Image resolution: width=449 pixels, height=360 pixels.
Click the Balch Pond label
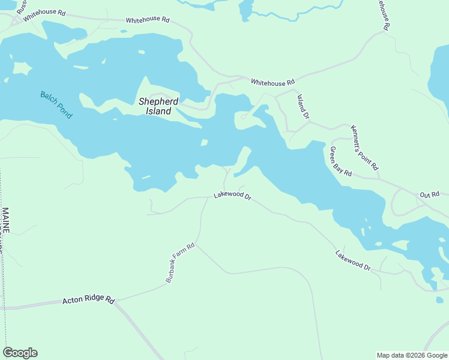click(56, 104)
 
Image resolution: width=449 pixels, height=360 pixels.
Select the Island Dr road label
click(303, 106)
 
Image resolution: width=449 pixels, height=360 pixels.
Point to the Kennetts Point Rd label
click(365, 148)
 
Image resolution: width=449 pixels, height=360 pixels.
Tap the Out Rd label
click(430, 194)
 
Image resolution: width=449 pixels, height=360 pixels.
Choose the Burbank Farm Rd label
click(181, 263)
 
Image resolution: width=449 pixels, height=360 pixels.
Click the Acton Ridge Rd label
click(88, 299)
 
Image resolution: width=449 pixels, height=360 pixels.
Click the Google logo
click(20, 353)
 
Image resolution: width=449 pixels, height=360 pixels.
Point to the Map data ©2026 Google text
click(412, 355)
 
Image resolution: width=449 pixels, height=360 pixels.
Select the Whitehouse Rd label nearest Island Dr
click(273, 82)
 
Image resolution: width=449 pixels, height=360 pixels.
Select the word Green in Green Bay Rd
click(334, 155)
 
